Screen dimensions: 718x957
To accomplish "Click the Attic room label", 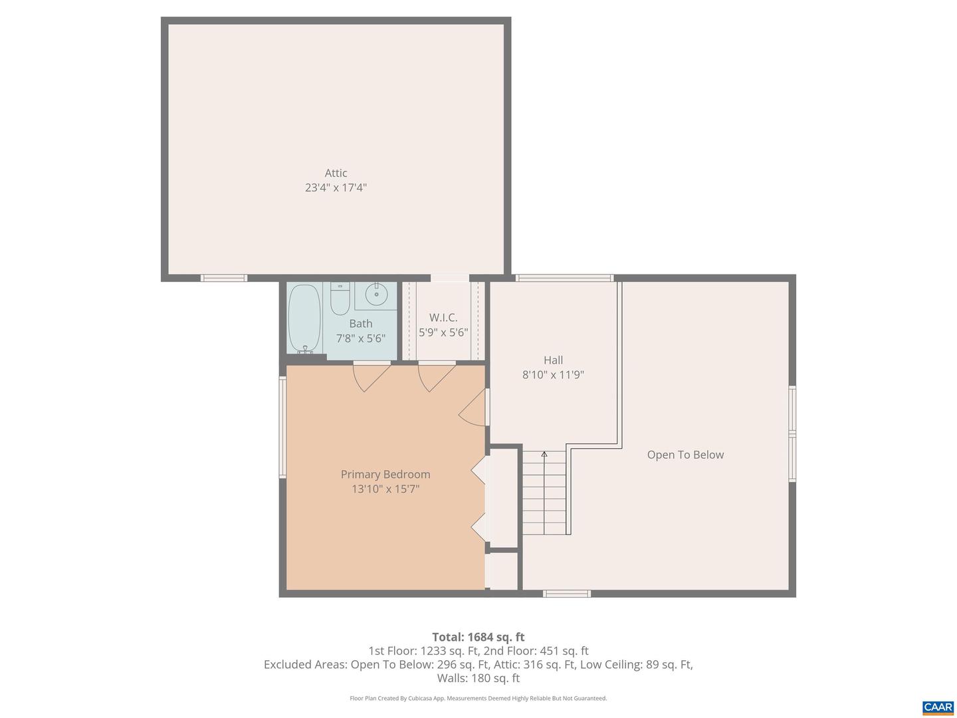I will point(336,173).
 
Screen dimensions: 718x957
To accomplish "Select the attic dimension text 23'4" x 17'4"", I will point(336,187).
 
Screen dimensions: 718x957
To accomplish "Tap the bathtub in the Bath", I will point(304,318).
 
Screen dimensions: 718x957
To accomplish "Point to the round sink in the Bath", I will point(376,293).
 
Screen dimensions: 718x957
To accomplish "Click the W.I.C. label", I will point(443,318).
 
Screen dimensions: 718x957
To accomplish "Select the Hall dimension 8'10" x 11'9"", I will point(553,375).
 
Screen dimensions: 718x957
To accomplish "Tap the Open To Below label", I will point(685,455).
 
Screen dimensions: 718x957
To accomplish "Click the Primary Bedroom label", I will point(385,474).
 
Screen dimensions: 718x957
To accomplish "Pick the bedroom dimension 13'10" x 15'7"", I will point(385,489).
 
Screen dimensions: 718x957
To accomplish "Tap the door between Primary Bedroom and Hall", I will point(475,408).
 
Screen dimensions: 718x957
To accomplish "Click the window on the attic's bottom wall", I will point(224,278).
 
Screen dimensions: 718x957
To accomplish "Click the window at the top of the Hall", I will point(565,278).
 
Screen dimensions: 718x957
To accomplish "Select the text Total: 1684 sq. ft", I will point(478,637).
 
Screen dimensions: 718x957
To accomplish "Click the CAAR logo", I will point(938,707).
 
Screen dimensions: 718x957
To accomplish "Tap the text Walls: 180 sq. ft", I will point(478,678).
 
